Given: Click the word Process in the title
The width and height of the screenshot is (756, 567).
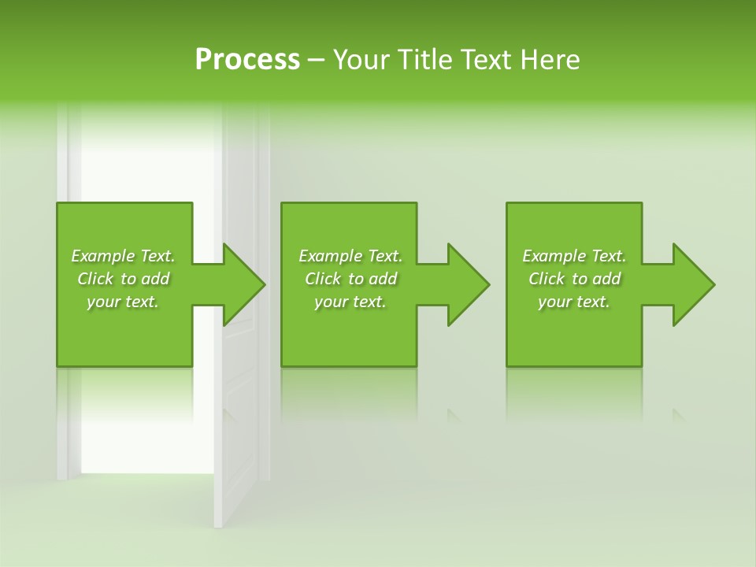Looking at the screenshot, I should tap(247, 60).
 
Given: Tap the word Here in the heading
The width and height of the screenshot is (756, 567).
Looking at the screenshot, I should tap(549, 60).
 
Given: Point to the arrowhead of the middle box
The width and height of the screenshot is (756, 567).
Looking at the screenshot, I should tap(467, 284).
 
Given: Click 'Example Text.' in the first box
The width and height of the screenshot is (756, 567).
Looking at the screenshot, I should tap(123, 256).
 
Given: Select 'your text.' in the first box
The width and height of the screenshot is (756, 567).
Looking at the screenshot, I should tap(123, 302).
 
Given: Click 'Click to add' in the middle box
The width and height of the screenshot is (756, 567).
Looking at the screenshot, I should tap(350, 279).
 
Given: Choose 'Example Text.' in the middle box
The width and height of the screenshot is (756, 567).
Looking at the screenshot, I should tap(350, 256).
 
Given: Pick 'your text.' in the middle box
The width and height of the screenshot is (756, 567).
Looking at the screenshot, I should tap(350, 302).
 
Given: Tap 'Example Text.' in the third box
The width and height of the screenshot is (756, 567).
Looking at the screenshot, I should tap(574, 256).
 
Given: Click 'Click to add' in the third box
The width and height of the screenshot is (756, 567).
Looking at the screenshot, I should tap(574, 279).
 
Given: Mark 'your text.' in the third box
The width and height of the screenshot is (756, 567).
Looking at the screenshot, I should tap(574, 302).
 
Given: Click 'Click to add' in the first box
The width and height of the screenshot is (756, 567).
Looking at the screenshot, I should tap(123, 279).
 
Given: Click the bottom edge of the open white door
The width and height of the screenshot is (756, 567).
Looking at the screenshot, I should tap(218, 525).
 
